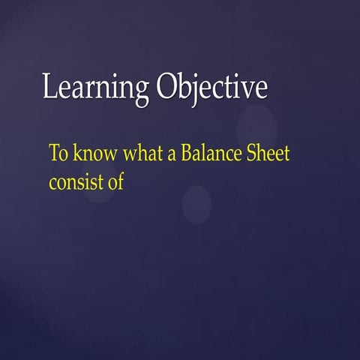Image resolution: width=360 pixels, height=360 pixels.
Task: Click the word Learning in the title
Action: pyautogui.click(x=96, y=88)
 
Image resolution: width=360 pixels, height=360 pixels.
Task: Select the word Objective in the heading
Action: pyautogui.click(x=212, y=88)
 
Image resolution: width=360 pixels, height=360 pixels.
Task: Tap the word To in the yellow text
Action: pyautogui.click(x=58, y=154)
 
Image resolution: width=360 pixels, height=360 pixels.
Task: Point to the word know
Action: pyautogui.click(x=89, y=154)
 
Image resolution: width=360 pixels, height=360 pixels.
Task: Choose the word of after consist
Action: pyautogui.click(x=113, y=180)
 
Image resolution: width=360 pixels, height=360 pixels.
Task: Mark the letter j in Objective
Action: pyautogui.click(x=197, y=90)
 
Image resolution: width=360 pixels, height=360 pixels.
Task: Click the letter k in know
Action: pyautogui.click(x=75, y=154)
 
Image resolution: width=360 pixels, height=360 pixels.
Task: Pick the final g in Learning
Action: pyautogui.click(x=142, y=91)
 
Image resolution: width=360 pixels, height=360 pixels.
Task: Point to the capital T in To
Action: pyautogui.click(x=54, y=154)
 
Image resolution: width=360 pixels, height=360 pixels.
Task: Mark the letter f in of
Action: pyautogui.click(x=118, y=179)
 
